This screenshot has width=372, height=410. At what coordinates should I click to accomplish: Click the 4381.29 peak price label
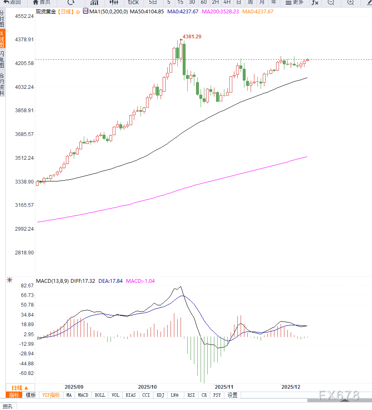(192, 37)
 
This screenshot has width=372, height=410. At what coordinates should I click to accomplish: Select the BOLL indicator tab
(100, 395)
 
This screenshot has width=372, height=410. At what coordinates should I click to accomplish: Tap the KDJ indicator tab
(161, 395)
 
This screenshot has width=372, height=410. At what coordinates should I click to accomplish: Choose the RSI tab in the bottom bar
(191, 395)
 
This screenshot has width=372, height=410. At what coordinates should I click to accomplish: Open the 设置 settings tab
(232, 395)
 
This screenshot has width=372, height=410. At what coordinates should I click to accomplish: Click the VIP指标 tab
(51, 395)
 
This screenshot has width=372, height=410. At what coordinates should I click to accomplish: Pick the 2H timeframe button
(215, 2)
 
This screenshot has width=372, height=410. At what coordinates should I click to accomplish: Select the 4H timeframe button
(227, 2)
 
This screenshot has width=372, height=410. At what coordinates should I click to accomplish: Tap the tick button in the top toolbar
(133, 2)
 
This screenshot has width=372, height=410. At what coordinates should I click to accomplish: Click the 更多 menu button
(295, 2)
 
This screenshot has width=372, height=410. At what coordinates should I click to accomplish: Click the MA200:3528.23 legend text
(220, 12)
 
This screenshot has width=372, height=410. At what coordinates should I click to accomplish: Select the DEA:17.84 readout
(111, 281)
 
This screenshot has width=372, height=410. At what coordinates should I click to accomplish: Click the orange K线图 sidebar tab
(2, 39)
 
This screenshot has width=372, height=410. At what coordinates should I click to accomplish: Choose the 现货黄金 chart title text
(45, 12)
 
